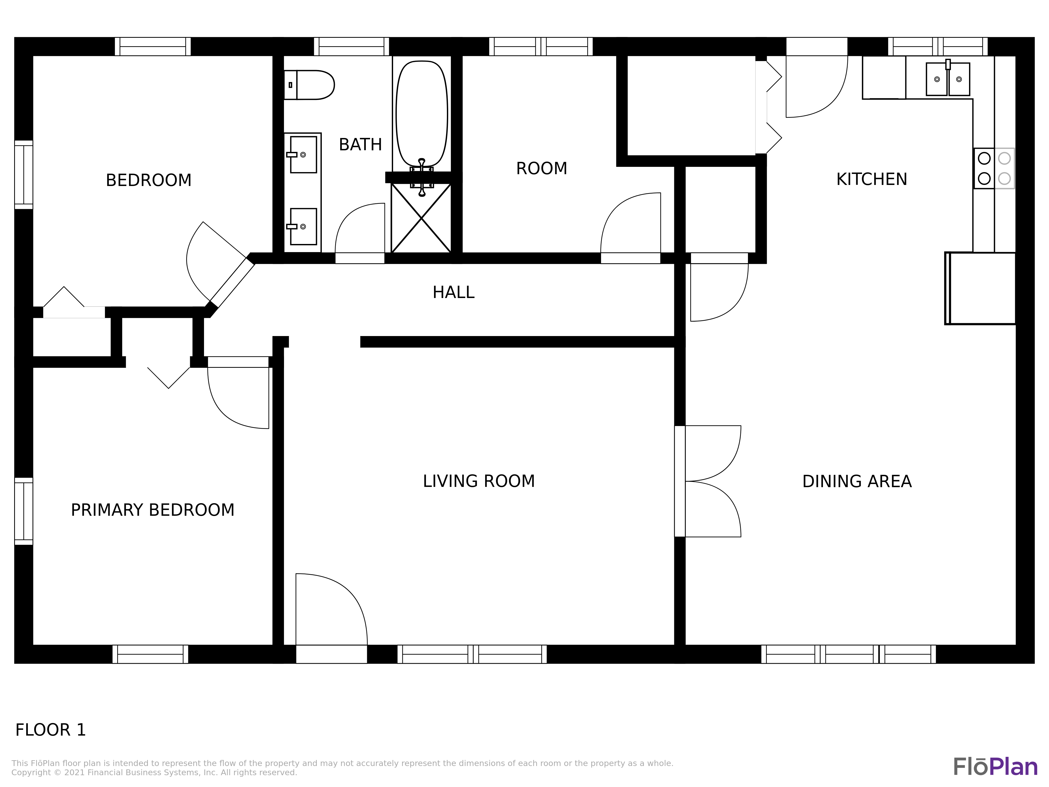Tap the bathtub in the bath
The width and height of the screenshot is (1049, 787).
[x=422, y=114]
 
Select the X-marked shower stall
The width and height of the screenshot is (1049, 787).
[x=421, y=218]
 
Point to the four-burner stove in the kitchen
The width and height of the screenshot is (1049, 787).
[x=994, y=168]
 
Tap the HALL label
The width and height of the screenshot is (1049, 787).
[x=453, y=292]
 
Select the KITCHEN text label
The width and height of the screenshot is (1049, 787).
[x=872, y=179]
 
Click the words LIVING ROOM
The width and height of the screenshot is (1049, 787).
[x=479, y=481]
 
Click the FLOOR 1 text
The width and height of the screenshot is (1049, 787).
[x=51, y=730]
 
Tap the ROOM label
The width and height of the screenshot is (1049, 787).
[x=542, y=168]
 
